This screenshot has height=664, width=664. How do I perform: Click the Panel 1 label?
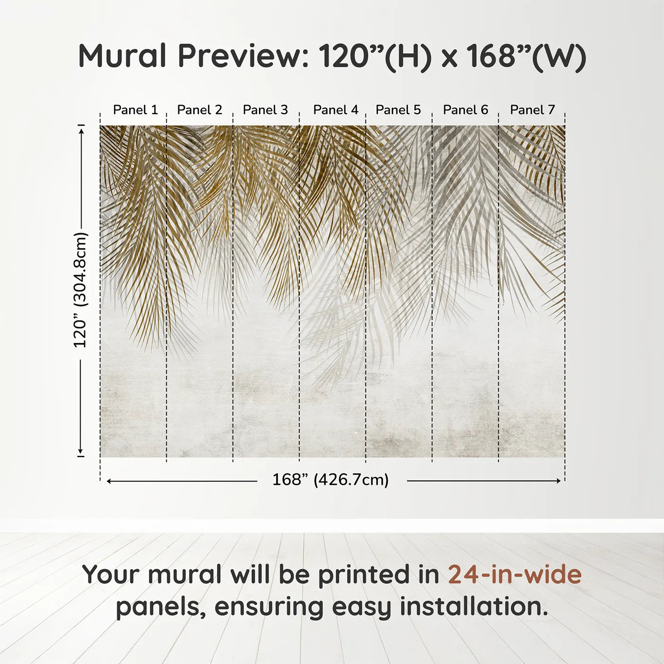coord(135,110)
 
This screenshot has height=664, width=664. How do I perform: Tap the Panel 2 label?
coord(199,110)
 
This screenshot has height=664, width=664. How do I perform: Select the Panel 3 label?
coord(265,110)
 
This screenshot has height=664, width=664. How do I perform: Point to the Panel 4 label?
coord(336,110)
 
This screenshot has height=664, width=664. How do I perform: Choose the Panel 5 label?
coord(398,110)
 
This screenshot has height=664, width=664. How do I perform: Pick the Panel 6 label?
coord(465,110)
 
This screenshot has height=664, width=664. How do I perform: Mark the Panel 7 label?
coord(532,110)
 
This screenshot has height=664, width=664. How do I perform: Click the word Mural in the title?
coord(122,56)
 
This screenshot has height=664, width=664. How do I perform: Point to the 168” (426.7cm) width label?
coord(331,480)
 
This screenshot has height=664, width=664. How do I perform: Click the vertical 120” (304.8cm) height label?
coord(81,290)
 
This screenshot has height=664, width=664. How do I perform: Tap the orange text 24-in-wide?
coord(515,574)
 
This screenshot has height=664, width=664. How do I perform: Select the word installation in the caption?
coord(473,607)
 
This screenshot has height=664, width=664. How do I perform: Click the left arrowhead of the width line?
coord(109,481)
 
